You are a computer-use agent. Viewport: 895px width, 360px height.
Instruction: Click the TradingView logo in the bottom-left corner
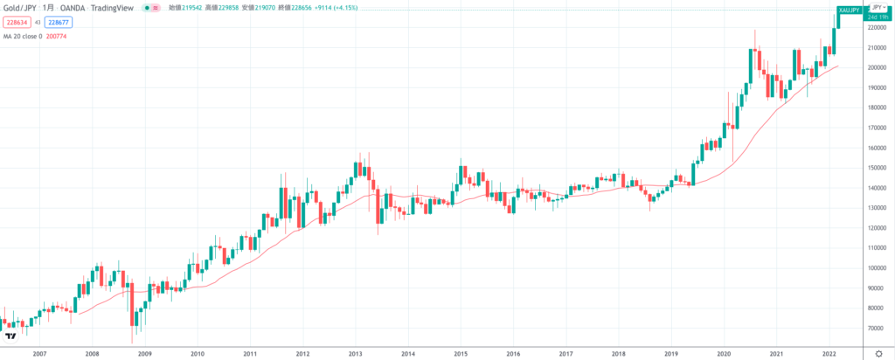10,336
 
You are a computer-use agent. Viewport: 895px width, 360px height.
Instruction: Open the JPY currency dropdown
878,7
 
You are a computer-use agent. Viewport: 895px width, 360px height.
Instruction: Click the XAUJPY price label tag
849,10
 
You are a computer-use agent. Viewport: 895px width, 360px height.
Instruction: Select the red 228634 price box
17,22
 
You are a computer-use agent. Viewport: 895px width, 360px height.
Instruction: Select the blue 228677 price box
59,22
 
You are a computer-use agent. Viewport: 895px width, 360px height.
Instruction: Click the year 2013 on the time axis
355,353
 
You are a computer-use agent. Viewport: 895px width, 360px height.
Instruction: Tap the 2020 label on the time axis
724,353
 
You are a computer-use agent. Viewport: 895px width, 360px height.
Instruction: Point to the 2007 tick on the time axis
38,353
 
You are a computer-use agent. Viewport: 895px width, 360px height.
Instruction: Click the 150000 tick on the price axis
877,168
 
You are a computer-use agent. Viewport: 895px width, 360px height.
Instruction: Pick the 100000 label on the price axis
877,268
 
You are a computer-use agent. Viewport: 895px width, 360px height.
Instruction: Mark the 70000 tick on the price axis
877,329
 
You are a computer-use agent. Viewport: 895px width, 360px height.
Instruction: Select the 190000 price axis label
877,87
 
